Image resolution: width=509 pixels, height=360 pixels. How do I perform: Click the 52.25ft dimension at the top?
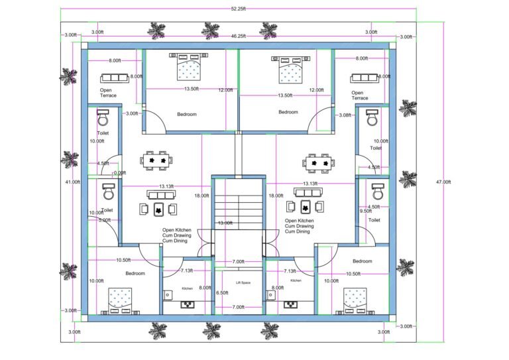tap(239, 9)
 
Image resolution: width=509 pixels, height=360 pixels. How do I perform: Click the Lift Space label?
tap(243, 282)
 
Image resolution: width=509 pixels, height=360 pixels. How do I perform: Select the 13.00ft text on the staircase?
tap(225, 223)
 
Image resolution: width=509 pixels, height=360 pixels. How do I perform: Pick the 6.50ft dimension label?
tap(223, 292)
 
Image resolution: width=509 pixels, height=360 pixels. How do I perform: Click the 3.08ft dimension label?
tap(344, 115)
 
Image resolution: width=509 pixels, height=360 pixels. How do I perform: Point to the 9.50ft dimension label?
tap(365, 211)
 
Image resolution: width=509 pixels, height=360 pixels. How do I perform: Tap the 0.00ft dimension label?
tap(119, 173)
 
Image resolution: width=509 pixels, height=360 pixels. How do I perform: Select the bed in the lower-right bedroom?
tap(354, 298)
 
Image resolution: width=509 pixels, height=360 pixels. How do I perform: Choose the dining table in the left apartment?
tap(157, 160)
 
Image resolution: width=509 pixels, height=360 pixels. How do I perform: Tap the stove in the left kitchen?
tap(188, 305)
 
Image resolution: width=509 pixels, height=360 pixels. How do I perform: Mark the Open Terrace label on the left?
tap(108, 93)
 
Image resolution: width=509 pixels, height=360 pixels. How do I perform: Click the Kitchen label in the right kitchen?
tap(296, 280)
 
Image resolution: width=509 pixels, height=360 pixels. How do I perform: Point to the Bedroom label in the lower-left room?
tap(135, 273)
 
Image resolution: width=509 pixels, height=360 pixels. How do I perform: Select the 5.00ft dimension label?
tap(104, 220)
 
